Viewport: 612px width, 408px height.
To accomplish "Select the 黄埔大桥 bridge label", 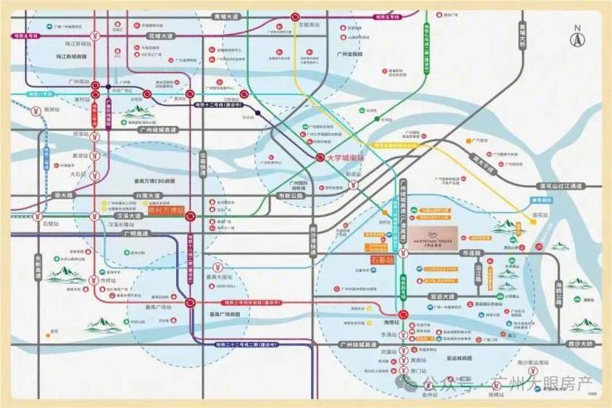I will pyautogui.click(x=523, y=36).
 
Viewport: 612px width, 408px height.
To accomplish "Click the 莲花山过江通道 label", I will pyautogui.click(x=562, y=185).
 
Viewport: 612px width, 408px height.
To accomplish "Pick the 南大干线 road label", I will pyautogui.click(x=482, y=161).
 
